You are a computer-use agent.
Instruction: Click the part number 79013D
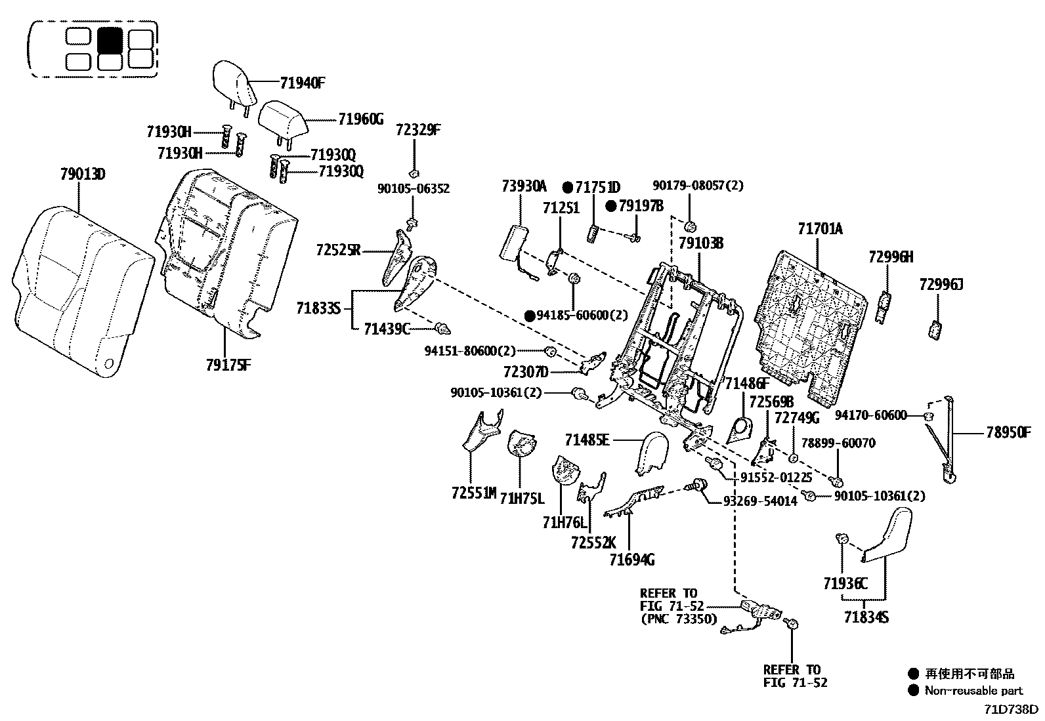pyautogui.click(x=82, y=175)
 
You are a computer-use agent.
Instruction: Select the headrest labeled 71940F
pyautogui.click(x=231, y=83)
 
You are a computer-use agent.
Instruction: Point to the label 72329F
pyautogui.click(x=417, y=130)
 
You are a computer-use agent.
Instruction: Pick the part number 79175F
pyautogui.click(x=228, y=365)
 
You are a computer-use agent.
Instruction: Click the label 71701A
pyautogui.click(x=820, y=229)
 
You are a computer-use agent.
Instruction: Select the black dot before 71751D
pyautogui.click(x=569, y=186)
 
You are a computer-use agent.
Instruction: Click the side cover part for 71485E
pyautogui.click(x=651, y=451)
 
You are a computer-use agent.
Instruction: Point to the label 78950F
pyautogui.click(x=1008, y=432)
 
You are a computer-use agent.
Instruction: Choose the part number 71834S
pyautogui.click(x=866, y=617)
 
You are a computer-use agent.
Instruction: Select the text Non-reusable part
pyautogui.click(x=973, y=690)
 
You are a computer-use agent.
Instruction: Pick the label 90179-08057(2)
pyautogui.click(x=698, y=186)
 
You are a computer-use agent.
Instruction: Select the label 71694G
pyautogui.click(x=631, y=560)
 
